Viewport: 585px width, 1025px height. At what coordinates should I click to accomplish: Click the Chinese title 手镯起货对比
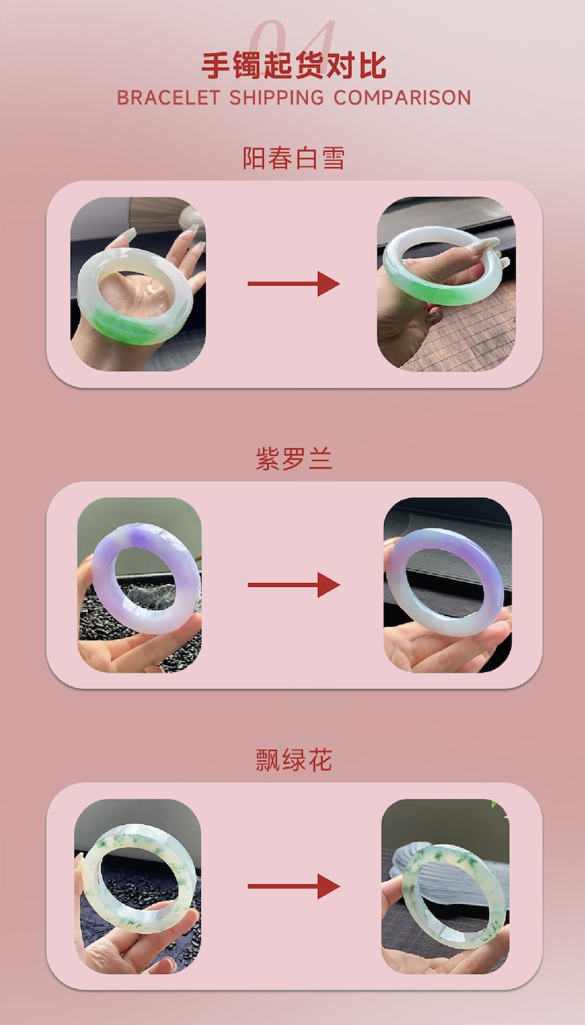coord(294,66)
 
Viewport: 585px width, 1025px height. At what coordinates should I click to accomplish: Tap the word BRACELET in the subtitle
coord(168,98)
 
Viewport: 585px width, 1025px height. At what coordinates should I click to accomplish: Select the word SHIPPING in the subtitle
coord(276,98)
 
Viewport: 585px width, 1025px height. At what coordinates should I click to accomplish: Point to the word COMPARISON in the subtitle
coord(402,98)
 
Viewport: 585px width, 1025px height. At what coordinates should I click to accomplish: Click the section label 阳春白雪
coord(293,158)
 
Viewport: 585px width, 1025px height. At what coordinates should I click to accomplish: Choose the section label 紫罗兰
coord(293,459)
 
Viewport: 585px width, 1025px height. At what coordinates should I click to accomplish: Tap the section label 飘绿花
coord(293,759)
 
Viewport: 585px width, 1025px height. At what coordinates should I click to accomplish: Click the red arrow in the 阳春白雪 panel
coord(293,284)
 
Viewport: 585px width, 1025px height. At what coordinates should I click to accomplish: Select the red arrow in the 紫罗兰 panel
coord(293,585)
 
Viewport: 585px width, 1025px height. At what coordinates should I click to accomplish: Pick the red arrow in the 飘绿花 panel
coord(293,887)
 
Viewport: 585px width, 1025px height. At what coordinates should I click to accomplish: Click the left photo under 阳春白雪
coord(138,284)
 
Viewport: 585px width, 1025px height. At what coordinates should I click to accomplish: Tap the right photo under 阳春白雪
coord(447,284)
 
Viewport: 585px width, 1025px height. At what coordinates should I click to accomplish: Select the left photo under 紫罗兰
coord(139,585)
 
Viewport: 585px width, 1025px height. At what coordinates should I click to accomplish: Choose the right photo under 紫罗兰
coord(447,585)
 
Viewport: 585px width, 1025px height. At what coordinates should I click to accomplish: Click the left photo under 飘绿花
coord(138,887)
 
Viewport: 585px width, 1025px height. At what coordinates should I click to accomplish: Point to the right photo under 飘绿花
coord(445,887)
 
